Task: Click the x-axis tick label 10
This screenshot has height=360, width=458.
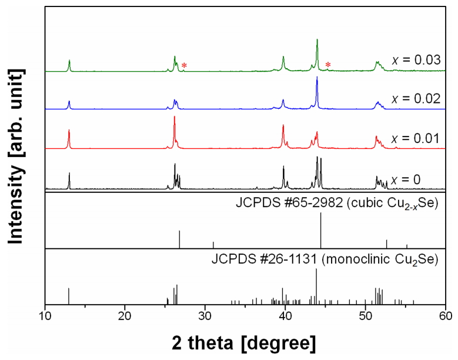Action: click(45, 315)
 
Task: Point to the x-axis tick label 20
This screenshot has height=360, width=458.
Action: click(125, 315)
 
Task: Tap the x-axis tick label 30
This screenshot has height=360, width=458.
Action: click(205, 315)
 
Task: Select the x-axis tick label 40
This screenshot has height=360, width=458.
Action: click(286, 315)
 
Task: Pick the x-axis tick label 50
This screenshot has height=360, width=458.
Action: click(366, 315)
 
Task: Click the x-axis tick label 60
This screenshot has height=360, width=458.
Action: click(446, 315)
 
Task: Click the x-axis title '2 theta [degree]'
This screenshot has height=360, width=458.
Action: click(246, 341)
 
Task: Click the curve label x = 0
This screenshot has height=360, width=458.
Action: click(410, 178)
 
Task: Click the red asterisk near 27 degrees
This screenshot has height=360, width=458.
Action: click(184, 65)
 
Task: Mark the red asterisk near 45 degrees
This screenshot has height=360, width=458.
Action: click(328, 65)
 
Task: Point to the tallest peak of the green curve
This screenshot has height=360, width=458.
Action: click(317, 40)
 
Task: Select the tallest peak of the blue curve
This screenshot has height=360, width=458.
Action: click(317, 78)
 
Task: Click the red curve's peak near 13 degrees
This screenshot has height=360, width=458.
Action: click(69, 131)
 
